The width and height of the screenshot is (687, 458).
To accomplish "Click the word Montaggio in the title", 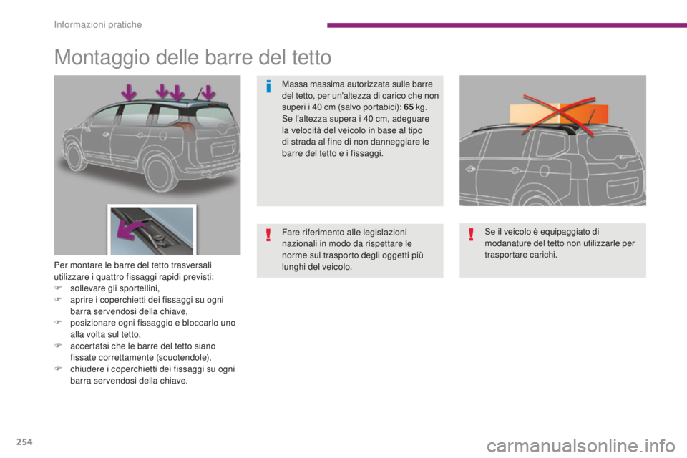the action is click(x=102, y=58).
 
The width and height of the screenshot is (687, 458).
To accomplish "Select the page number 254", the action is click(x=24, y=442).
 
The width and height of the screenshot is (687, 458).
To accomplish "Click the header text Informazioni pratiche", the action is click(x=98, y=24).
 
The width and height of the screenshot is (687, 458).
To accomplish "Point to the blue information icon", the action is click(x=268, y=87).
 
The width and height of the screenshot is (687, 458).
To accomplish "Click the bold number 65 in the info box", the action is click(x=409, y=107).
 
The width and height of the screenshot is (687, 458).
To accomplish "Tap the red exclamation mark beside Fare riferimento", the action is click(x=268, y=235).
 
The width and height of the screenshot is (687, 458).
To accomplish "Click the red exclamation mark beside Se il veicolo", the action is click(x=471, y=235).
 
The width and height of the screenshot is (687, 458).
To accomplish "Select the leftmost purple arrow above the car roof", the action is click(x=129, y=92).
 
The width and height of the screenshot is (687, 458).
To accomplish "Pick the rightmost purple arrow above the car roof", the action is click(x=208, y=92).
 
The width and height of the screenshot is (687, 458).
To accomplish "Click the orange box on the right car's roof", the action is click(x=559, y=114).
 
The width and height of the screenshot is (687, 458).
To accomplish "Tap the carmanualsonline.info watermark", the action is click(x=581, y=446).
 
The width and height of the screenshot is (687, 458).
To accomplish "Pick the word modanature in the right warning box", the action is click(x=506, y=243).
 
